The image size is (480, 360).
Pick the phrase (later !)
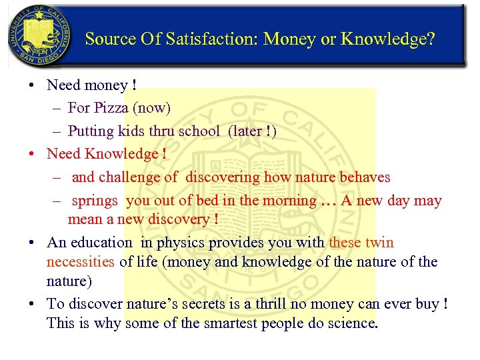pos(252,131)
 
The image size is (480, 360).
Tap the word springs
pos(95,201)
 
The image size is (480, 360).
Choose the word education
pos(99,243)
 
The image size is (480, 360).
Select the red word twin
pos(379,243)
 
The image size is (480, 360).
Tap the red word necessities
pos(81,262)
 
